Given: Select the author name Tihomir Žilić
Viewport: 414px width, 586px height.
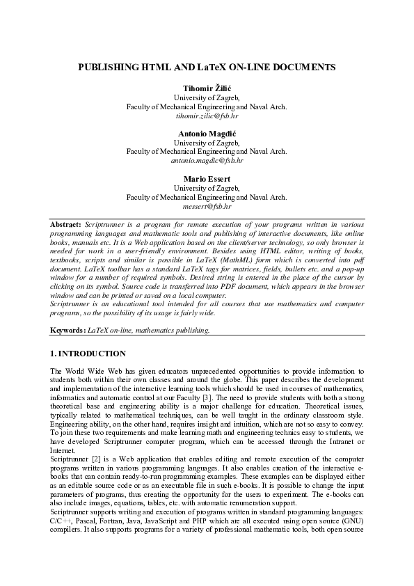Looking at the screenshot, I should (206, 89).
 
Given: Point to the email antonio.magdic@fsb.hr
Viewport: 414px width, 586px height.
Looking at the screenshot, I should (206, 160).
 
